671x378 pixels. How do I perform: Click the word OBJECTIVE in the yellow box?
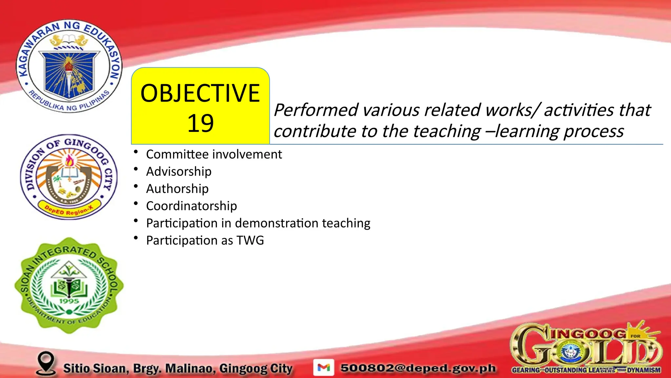tap(200, 94)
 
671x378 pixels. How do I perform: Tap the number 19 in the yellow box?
tap(200, 124)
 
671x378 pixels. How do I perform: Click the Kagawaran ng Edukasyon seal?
tap(69, 66)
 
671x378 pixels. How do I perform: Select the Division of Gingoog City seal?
tap(69, 177)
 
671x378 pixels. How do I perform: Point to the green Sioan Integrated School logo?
tap(69, 285)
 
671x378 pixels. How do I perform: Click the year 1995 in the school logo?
tap(69, 301)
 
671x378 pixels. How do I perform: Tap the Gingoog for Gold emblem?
tap(586, 348)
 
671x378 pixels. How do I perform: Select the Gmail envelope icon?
tap(324, 367)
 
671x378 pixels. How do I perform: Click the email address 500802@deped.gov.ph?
tap(418, 368)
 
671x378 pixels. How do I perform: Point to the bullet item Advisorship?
tap(179, 172)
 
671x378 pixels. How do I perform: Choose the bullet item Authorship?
tap(177, 189)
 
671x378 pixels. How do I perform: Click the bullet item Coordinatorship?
tap(191, 206)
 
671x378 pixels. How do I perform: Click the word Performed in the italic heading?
tap(316, 110)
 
